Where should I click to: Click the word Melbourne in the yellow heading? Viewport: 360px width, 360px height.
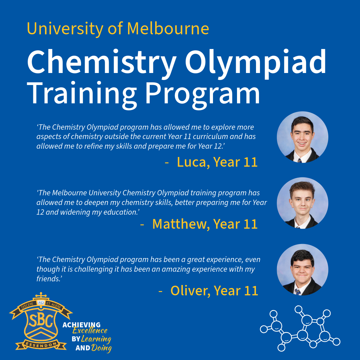168,28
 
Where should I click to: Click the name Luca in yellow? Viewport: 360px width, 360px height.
191,162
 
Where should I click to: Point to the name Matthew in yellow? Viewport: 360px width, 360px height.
179,224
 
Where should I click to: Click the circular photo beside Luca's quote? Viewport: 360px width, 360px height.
302,137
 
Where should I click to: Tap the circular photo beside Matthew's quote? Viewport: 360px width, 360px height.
302,203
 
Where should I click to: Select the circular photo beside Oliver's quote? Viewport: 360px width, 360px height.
302,270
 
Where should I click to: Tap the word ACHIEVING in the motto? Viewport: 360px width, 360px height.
82,325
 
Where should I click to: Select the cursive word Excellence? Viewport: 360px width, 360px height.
90,331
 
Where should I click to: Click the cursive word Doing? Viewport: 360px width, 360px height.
101,348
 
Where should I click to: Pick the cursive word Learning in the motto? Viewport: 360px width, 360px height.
96,339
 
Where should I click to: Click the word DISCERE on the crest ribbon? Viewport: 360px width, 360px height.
27,306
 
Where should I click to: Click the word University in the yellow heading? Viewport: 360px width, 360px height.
65,29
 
